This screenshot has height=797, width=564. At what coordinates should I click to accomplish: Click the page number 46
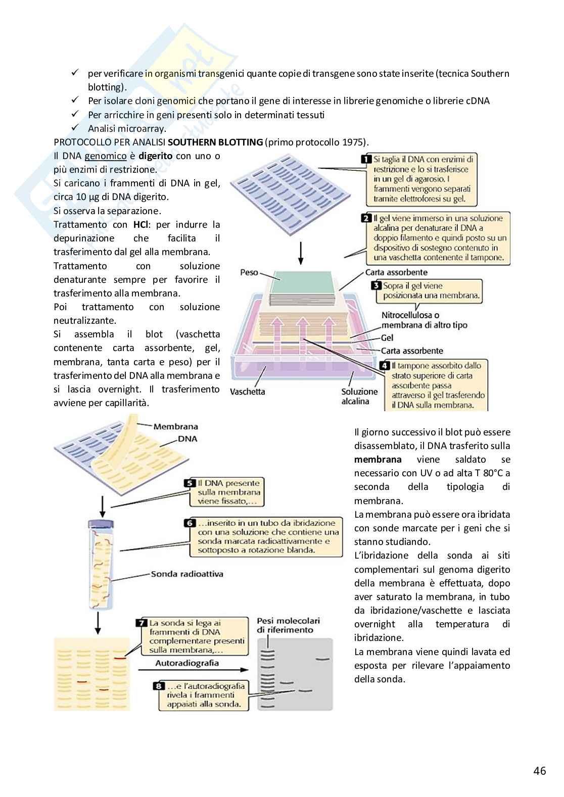pyautogui.click(x=539, y=771)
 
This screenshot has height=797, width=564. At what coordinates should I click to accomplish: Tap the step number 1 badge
pyautogui.click(x=366, y=160)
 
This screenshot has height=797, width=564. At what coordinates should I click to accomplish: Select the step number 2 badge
pyautogui.click(x=366, y=219)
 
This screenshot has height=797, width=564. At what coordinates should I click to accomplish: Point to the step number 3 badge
pyautogui.click(x=376, y=286)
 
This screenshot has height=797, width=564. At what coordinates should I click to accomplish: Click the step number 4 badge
pyautogui.click(x=385, y=366)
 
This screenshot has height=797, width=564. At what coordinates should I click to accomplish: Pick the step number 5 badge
pyautogui.click(x=190, y=483)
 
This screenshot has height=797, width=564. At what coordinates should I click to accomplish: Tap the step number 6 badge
pyautogui.click(x=190, y=523)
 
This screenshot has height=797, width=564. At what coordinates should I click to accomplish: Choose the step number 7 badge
pyautogui.click(x=142, y=623)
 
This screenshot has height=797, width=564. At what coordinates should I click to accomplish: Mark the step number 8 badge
pyautogui.click(x=159, y=686)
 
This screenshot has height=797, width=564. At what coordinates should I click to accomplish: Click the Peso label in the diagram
pyautogui.click(x=249, y=273)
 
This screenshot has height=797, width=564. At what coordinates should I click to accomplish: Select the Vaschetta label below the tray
pyautogui.click(x=247, y=391)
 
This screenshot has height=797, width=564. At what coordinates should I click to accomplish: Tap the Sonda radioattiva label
pyautogui.click(x=187, y=574)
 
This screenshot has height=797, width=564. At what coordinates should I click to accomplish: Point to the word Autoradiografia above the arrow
pyautogui.click(x=187, y=663)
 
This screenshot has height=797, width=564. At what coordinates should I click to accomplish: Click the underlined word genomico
pyautogui.click(x=105, y=156)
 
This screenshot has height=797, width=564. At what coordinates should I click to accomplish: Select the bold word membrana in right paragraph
pyautogui.click(x=378, y=460)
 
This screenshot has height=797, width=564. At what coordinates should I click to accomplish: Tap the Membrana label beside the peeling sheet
pyautogui.click(x=175, y=427)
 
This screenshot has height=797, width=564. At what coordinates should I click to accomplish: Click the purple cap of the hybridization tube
pyautogui.click(x=101, y=524)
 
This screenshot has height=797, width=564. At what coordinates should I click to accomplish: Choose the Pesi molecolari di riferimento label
pyautogui.click(x=288, y=625)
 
